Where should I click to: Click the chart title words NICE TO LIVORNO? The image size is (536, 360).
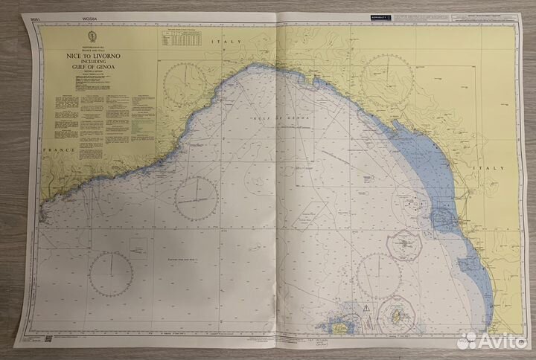point(93,57)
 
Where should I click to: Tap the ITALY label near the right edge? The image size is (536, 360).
point(491,168)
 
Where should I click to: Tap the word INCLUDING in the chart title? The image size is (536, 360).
point(93,64)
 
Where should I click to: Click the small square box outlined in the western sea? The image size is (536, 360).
point(137,245)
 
